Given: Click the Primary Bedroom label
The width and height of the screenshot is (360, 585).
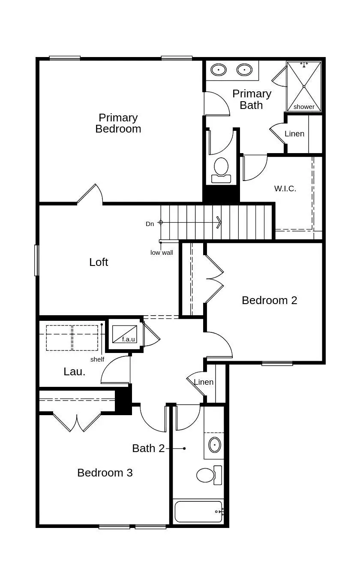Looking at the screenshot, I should [118, 123].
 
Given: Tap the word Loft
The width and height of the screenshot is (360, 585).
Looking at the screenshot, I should [99, 262].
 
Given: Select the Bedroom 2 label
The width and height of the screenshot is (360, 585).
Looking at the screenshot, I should [269, 300].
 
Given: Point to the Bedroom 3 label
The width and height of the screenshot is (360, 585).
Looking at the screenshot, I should [105, 473].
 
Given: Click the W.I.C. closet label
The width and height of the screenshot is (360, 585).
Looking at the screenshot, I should [285, 188].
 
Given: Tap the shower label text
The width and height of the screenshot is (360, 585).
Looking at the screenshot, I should [304, 107].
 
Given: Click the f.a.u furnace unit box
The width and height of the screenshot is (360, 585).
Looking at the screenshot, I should [125, 334].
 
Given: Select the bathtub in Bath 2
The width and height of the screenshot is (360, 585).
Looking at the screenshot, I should [198, 511].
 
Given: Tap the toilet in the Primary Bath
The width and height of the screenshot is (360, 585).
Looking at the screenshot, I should [221, 168].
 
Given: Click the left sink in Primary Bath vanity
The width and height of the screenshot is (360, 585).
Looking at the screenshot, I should [219, 69].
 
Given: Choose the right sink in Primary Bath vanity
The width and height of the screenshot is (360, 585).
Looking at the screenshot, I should [244, 69].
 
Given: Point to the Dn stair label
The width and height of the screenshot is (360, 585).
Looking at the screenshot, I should [150, 224].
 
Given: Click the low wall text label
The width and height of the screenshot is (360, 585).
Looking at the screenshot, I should [162, 253].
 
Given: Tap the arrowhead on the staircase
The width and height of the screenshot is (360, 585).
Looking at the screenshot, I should [219, 222].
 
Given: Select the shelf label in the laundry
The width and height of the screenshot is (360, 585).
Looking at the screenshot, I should [97, 359].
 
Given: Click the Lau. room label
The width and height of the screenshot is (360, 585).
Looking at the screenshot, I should [74, 372].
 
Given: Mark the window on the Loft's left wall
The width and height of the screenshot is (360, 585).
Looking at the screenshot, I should [37, 260].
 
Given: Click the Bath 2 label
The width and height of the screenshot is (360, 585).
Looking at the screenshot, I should [148, 448].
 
